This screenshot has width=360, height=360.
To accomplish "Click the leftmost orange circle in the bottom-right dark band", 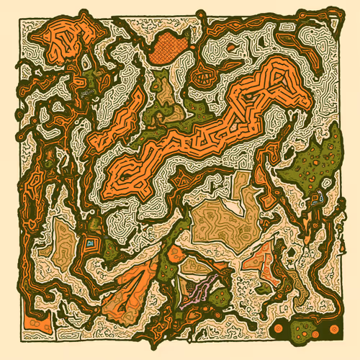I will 279,330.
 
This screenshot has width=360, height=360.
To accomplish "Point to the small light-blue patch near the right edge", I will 315,197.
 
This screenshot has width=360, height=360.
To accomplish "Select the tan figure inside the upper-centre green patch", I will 167,92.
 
